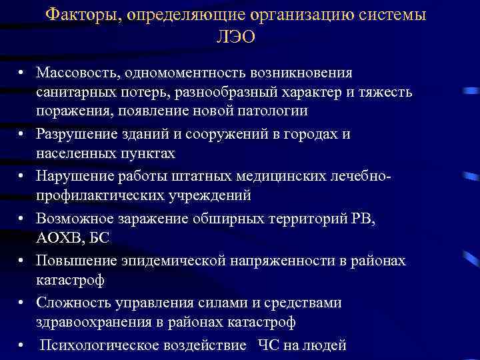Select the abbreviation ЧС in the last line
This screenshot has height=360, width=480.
[268, 345]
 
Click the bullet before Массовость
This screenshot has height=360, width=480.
[22, 72]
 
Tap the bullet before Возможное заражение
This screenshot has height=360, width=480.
[22, 219]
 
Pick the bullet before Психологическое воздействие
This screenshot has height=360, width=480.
[22, 345]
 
